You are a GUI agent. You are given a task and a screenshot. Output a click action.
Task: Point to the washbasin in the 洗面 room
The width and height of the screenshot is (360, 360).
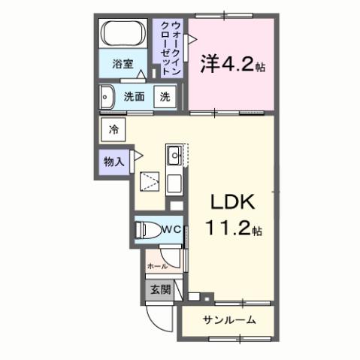pos(105,96)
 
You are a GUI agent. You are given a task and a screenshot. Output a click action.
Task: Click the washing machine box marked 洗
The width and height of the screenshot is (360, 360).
pos(165,96)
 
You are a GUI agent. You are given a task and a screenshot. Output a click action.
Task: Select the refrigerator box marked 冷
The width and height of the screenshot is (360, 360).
pos(113,129)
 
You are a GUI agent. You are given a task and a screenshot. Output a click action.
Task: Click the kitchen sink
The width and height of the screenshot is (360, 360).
pos(173,157)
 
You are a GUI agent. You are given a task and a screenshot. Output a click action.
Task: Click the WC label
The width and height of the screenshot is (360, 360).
pos(170,228)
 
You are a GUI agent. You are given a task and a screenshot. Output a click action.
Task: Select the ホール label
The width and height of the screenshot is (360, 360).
pos(157,265)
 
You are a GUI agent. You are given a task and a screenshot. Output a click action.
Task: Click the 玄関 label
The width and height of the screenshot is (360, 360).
pos(159,290)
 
